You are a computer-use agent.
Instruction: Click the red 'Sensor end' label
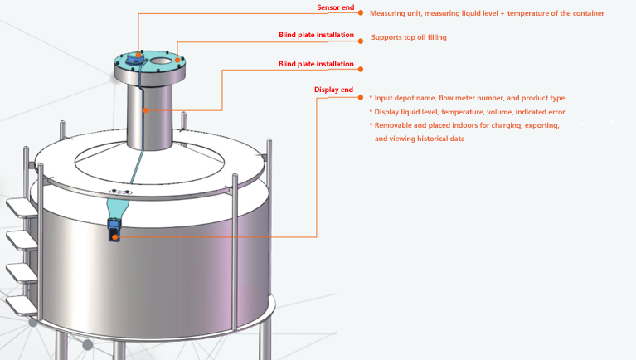[x=335, y=7]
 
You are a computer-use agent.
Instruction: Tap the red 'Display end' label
[x=333, y=90]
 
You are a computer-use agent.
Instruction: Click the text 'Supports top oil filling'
[x=409, y=37]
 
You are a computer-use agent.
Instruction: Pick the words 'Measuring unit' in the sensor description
[x=394, y=13]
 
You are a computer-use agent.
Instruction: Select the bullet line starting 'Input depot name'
[x=466, y=98]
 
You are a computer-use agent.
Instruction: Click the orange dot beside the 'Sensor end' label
[x=361, y=13]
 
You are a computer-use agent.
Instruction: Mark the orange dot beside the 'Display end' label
[x=361, y=96]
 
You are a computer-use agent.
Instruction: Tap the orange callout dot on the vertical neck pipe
[x=146, y=110]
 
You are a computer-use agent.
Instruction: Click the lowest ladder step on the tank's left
[x=23, y=305]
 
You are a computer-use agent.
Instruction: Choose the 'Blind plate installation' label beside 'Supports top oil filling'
[x=316, y=36]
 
